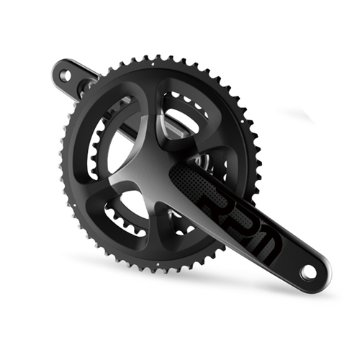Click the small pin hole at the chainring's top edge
point(153,64)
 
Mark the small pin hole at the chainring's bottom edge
point(158,264)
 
